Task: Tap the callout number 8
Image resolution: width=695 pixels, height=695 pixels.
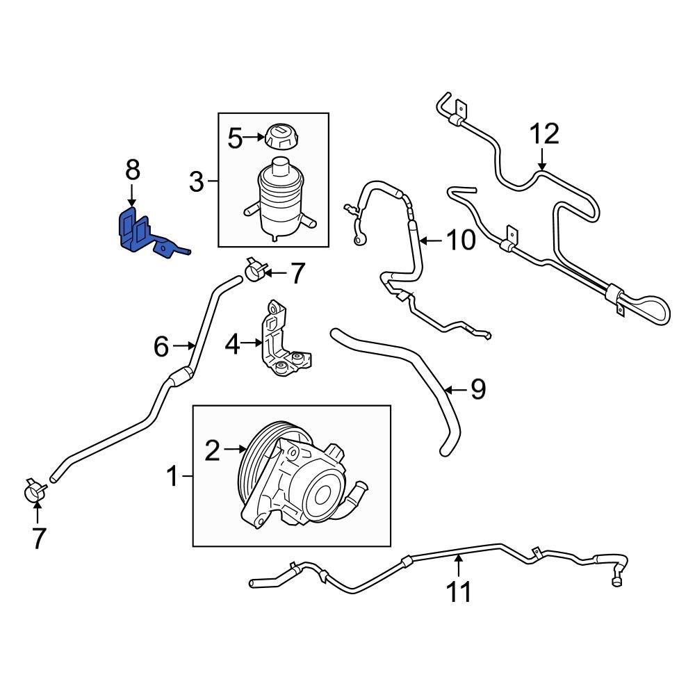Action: click(132, 170)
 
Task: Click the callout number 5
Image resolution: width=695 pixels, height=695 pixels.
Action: click(236, 138)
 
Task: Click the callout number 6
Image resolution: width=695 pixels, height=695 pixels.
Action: click(161, 345)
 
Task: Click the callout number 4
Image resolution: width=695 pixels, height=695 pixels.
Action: click(231, 343)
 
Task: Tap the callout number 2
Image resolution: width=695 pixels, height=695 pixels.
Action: click(212, 452)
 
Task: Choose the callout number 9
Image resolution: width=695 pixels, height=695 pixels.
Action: click(477, 390)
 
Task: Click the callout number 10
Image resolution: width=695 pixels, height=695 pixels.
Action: click(459, 240)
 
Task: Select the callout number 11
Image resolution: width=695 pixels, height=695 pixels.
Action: click(459, 591)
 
